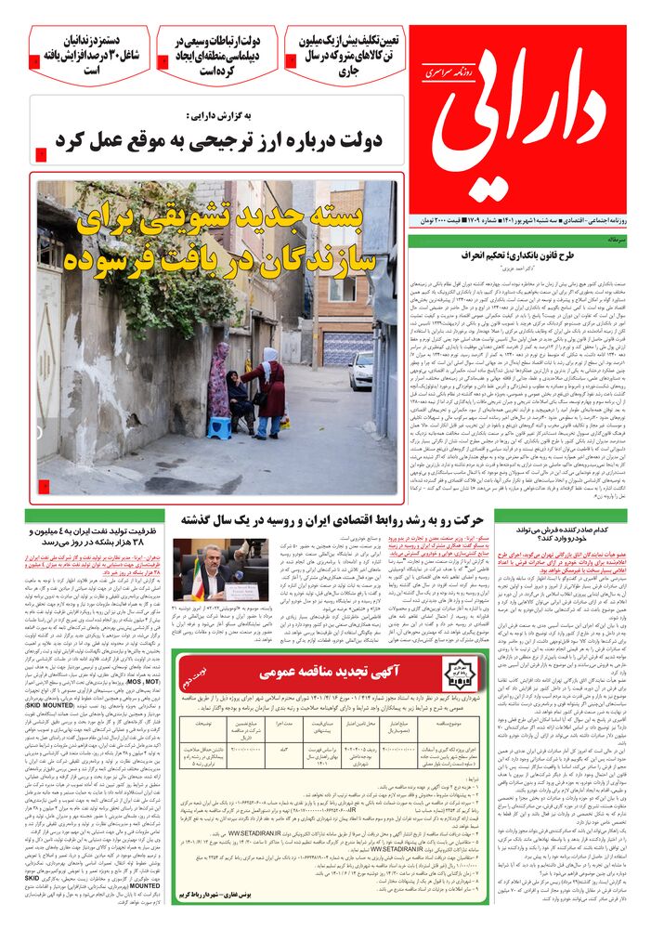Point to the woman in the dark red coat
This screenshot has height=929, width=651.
click(271, 395)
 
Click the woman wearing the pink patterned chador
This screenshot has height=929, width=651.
click(219, 380)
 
